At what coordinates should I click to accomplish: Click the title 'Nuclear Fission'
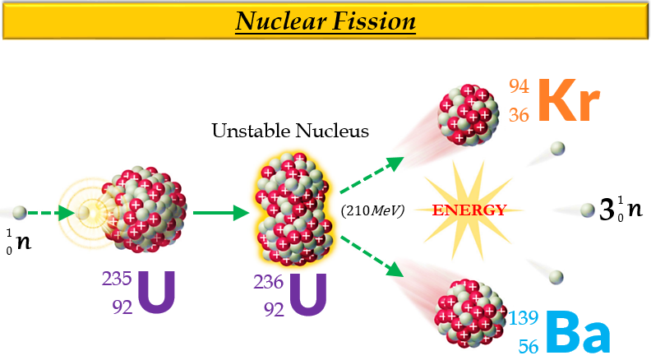click(x=325, y=20)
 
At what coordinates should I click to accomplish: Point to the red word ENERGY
click(x=469, y=210)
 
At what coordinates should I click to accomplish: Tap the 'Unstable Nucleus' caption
click(x=289, y=131)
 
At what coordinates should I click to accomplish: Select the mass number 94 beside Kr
click(x=518, y=86)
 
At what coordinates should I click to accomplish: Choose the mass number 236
click(x=269, y=283)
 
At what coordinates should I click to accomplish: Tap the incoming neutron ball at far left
click(x=20, y=213)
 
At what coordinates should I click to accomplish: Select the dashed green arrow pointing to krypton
click(x=372, y=173)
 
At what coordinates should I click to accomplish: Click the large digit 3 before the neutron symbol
click(x=607, y=212)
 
